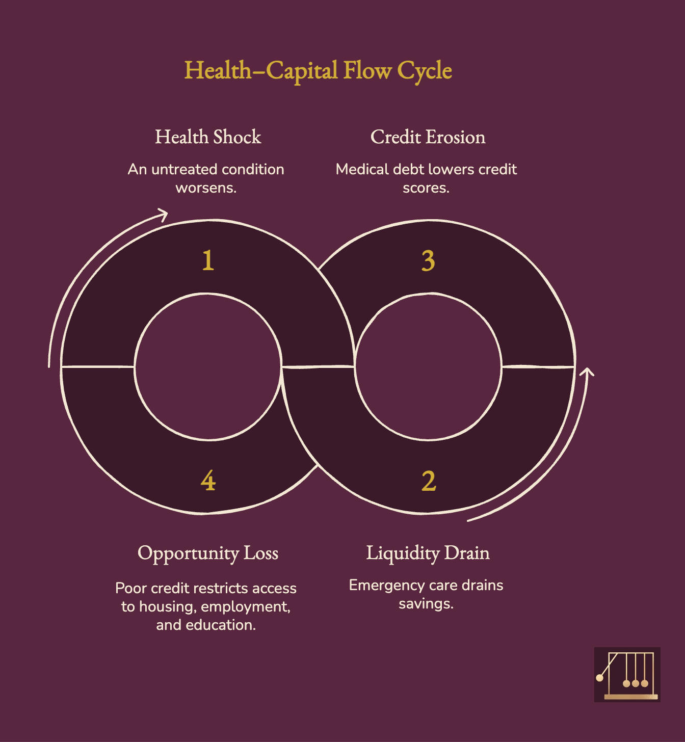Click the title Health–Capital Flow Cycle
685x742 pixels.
318,71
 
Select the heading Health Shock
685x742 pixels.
208,137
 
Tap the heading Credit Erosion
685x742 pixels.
428,137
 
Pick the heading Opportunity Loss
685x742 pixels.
208,553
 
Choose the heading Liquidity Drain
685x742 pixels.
428,553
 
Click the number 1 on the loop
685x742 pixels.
207,260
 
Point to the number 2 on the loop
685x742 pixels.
429,481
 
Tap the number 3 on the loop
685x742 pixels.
428,260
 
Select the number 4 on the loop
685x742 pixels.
208,481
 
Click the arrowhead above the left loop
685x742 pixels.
163,214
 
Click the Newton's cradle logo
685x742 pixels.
627,675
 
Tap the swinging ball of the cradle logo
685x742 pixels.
600,678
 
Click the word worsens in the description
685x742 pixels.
205,188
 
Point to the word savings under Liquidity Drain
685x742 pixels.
426,604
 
